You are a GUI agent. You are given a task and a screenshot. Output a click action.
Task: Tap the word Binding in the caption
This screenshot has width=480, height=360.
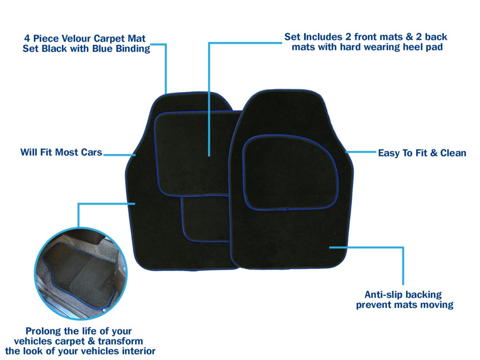point(131,49)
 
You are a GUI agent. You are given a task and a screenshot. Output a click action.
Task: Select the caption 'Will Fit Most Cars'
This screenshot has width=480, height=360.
point(61,152)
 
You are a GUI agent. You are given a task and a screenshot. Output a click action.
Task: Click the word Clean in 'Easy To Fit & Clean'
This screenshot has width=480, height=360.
point(453,153)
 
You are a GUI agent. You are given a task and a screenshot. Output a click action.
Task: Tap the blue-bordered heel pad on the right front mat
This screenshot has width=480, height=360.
point(290,172)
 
